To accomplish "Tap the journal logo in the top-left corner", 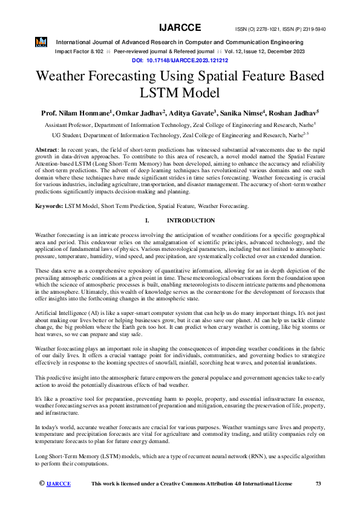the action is (41, 42).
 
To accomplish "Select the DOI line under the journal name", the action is (180, 61).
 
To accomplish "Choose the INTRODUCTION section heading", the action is (191, 221).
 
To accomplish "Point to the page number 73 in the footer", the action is (318, 484).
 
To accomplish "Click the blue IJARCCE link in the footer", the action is (59, 484).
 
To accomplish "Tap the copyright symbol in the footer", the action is (42, 483).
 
